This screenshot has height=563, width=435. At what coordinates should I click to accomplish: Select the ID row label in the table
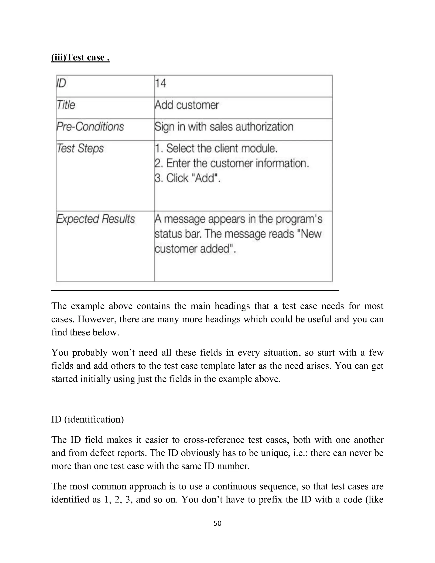pyautogui.click(x=61, y=83)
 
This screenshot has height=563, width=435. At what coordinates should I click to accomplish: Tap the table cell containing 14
pyautogui.click(x=161, y=83)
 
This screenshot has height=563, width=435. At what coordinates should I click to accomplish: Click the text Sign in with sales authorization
pyautogui.click(x=224, y=127)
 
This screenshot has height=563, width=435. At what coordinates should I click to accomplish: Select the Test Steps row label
pyautogui.click(x=80, y=148)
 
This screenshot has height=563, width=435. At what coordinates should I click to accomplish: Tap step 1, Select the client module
pyautogui.click(x=216, y=148)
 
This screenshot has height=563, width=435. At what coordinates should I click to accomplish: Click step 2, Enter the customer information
pyautogui.click(x=232, y=163)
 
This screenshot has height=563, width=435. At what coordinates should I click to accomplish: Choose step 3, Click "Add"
pyautogui.click(x=187, y=178)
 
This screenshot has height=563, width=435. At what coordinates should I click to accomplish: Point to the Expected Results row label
pyautogui.click(x=95, y=219)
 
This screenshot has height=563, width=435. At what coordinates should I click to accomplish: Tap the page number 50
pyautogui.click(x=217, y=523)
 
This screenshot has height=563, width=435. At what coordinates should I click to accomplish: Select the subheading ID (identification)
pyautogui.click(x=87, y=419)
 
